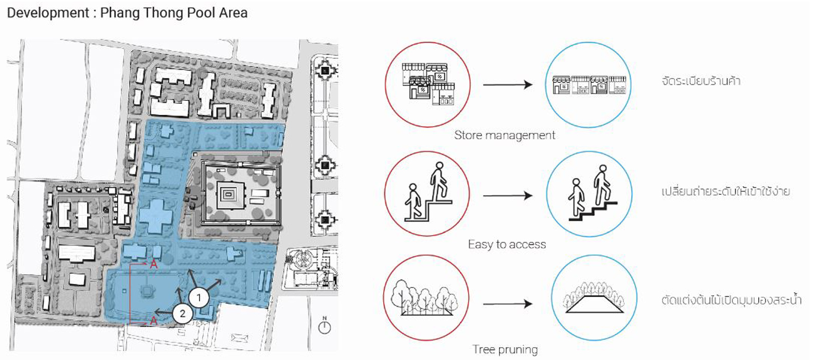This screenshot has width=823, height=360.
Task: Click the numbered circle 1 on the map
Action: pyautogui.click(x=199, y=297)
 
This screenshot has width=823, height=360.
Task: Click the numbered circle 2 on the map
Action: pyautogui.click(x=183, y=314)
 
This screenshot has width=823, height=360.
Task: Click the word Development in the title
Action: pyautogui.click(x=48, y=13)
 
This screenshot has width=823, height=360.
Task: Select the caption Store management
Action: pyautogui.click(x=505, y=135)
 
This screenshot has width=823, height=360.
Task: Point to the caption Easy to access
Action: pyautogui.click(x=507, y=245)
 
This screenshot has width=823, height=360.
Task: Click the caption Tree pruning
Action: pyautogui.click(x=505, y=350)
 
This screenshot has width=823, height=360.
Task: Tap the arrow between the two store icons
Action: pyautogui.click(x=507, y=84)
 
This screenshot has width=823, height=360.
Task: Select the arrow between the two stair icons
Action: pyautogui.click(x=507, y=195)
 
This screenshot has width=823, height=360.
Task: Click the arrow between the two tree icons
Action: pyautogui.click(x=507, y=304)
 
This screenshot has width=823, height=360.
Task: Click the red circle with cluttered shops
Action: pyautogui.click(x=427, y=85)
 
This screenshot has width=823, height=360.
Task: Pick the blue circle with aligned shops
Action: pyautogui.click(x=588, y=85)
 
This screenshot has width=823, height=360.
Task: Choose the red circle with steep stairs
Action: pyautogui.click(x=427, y=194)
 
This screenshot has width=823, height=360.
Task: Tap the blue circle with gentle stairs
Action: pyautogui.click(x=589, y=194)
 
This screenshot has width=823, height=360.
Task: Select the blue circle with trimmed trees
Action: pyautogui.click(x=594, y=298)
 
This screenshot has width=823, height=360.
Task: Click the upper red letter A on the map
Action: pyautogui.click(x=153, y=264)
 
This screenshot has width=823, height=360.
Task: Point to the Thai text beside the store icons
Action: pyautogui.click(x=701, y=81)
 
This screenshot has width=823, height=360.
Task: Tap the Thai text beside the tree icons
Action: pyautogui.click(x=731, y=300)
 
